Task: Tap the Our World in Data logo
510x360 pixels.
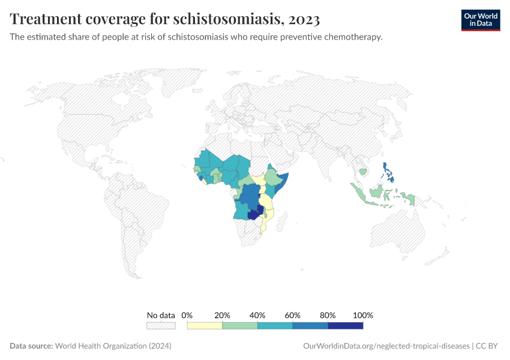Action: pos(480,20)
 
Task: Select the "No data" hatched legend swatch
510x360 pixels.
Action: pos(161,326)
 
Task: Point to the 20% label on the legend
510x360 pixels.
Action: pos(222,315)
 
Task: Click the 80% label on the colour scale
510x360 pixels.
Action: pos(328,315)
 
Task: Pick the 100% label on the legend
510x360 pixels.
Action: pos(363,315)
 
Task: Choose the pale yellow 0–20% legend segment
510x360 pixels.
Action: pos(205,326)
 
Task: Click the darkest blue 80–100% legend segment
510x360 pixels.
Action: pos(346,326)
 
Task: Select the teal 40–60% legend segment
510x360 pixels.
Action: pos(275,326)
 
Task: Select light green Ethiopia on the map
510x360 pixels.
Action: pos(273,178)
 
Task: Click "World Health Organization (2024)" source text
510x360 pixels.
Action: pos(113,346)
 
